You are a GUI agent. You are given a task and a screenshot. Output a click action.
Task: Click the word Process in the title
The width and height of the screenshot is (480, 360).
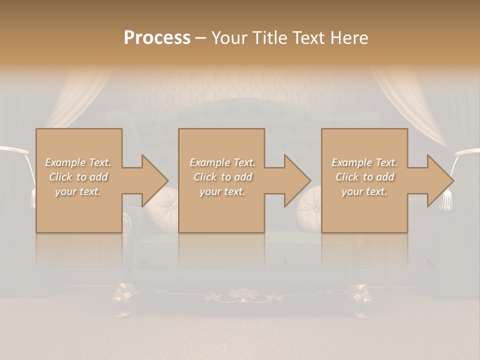(x=157, y=37)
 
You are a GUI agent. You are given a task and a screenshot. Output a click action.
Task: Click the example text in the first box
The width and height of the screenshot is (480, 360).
(x=78, y=176)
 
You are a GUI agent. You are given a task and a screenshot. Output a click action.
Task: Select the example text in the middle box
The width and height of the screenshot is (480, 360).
(x=222, y=176)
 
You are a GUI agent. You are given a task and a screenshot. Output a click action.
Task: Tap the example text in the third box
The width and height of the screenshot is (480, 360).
(x=364, y=176)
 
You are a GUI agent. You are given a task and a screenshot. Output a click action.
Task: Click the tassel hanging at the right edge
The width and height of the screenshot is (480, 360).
(x=445, y=200)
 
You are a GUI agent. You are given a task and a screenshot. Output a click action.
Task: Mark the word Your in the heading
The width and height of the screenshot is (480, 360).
(x=229, y=37)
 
